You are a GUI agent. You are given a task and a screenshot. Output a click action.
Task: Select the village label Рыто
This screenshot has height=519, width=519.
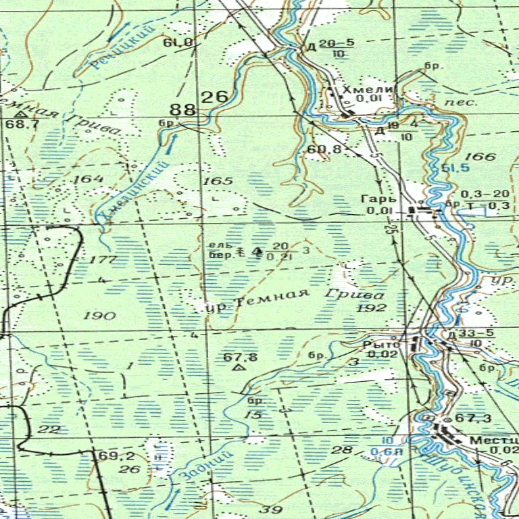coord(377,344)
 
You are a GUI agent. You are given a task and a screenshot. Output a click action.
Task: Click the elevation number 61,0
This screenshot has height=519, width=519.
coord(177,43)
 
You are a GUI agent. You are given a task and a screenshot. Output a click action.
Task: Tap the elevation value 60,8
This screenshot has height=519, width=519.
coord(324,149)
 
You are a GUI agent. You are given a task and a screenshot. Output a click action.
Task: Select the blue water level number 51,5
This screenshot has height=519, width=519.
coord(456,168)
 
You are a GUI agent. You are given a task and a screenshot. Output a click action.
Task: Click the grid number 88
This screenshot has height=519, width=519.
coord(183,109)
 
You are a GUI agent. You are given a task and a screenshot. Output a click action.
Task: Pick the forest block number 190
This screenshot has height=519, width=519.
coord(100,316)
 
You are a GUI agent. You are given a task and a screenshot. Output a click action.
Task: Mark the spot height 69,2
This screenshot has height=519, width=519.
coord(114,456)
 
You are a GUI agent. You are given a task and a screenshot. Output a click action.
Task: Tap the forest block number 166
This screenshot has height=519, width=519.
coord(480,157)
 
